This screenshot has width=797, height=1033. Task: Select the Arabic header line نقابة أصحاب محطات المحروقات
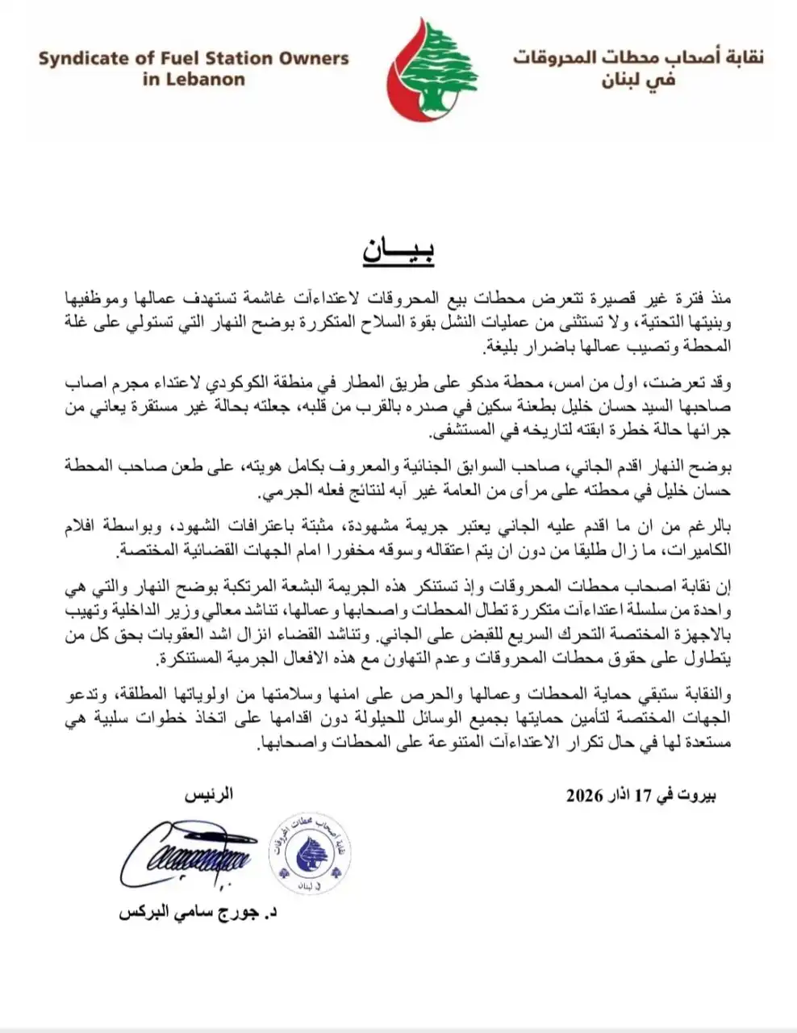click(637, 58)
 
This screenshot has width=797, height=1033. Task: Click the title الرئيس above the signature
click(209, 795)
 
